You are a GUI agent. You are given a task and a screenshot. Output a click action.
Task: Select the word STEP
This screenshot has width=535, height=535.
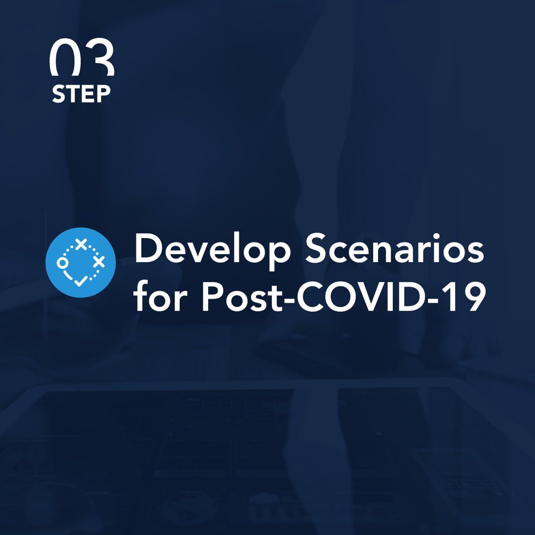tap(81, 95)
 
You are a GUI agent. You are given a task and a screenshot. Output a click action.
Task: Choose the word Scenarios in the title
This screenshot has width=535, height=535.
tap(395, 248)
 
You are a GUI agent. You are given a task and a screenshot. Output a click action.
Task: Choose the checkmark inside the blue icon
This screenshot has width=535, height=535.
tap(81, 280)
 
